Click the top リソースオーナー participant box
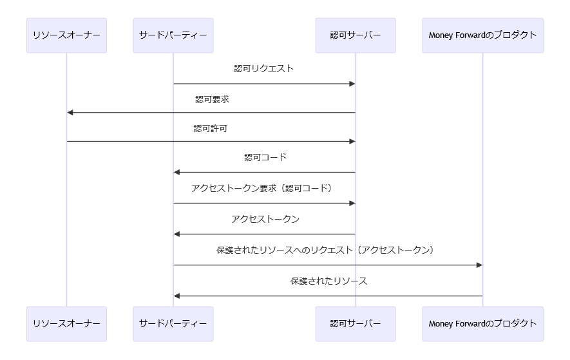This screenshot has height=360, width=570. [x=66, y=35]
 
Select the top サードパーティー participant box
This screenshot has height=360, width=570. [x=173, y=35]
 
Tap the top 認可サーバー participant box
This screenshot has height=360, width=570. [x=355, y=35]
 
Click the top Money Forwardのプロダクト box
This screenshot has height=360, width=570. [x=482, y=35]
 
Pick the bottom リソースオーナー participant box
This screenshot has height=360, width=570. [x=66, y=323]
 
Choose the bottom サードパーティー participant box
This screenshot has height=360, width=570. [x=173, y=323]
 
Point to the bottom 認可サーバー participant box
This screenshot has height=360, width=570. [x=355, y=323]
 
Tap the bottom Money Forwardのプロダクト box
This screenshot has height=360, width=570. [x=482, y=323]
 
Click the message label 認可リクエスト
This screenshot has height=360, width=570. [x=264, y=68]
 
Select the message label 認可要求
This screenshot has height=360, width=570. [x=212, y=99]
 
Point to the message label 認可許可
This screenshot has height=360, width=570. [x=211, y=129]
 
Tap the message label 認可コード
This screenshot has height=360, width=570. [x=265, y=157]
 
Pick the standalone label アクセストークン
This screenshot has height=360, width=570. [x=265, y=219]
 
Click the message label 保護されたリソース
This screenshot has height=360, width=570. [x=328, y=281]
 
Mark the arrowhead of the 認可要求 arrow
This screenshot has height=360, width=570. [x=70, y=113]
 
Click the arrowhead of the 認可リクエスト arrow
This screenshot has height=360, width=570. [x=352, y=84]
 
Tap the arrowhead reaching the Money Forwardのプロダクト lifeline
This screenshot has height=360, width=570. [x=479, y=265]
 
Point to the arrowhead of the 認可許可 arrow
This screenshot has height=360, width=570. [x=352, y=141]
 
